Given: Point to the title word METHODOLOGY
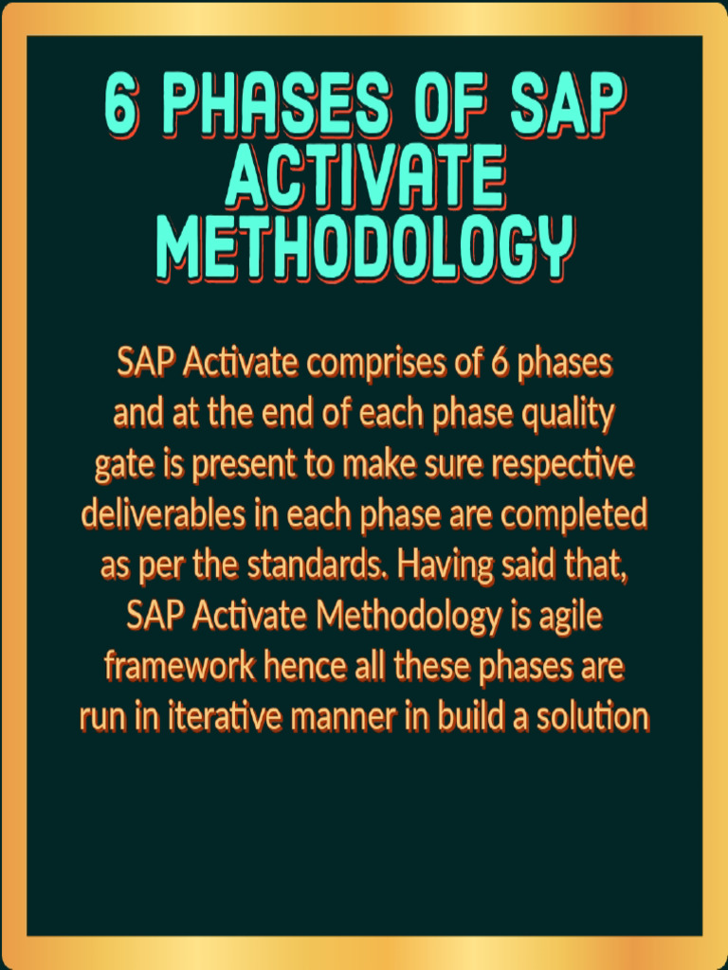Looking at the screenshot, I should point(364,246).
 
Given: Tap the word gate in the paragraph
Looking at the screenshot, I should point(115,466).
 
